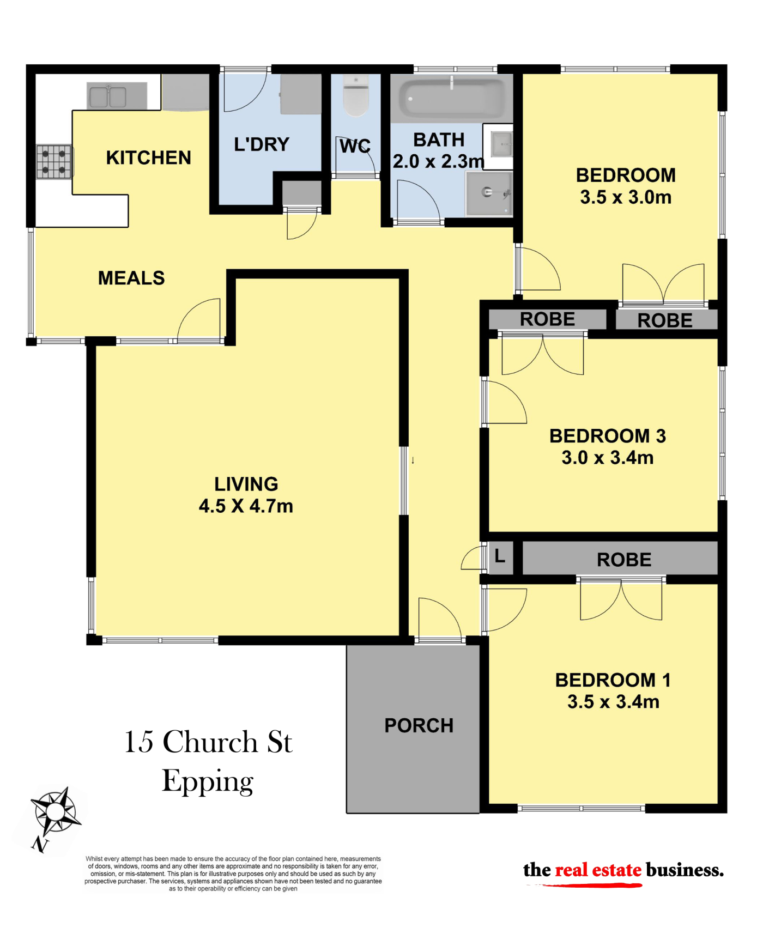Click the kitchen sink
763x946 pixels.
117,96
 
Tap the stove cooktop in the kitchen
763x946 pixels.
54,162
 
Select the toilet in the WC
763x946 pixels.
356,96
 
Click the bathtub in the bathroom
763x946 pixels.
452,98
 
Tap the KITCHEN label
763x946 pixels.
148,157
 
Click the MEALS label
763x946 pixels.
131,278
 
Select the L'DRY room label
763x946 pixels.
262,144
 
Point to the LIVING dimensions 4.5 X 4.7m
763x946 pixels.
246,506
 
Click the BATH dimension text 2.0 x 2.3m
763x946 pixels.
438,161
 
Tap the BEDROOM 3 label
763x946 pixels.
608,436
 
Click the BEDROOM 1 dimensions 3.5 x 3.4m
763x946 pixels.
613,702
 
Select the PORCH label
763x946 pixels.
419,725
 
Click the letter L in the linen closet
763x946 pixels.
500,556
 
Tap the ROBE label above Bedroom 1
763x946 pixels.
624,560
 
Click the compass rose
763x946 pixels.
56,812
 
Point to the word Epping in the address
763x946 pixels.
208,782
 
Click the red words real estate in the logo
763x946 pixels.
598,870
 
